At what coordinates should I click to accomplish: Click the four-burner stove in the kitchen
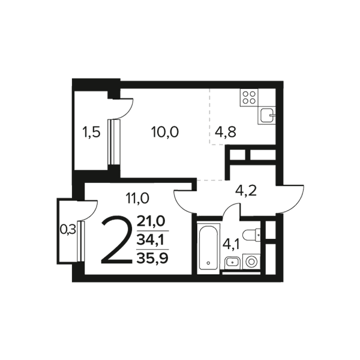249,98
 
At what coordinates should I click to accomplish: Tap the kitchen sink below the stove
267,115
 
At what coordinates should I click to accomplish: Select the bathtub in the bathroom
208,247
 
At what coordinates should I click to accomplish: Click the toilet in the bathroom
252,235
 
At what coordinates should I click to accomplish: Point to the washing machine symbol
251,262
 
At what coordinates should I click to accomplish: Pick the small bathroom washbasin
232,263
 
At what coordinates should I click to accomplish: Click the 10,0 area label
165,132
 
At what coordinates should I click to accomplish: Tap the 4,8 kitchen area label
226,132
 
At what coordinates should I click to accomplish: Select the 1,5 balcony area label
91,133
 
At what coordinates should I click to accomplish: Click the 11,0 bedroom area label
137,198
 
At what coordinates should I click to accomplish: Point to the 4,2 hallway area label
246,191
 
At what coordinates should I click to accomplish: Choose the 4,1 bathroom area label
231,244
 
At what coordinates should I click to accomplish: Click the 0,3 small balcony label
68,229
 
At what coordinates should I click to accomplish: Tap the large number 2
117,239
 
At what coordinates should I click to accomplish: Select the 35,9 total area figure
152,258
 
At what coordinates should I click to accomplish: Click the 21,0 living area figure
151,221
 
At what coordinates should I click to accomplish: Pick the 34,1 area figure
150,240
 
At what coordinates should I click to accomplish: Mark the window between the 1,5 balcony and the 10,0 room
114,142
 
